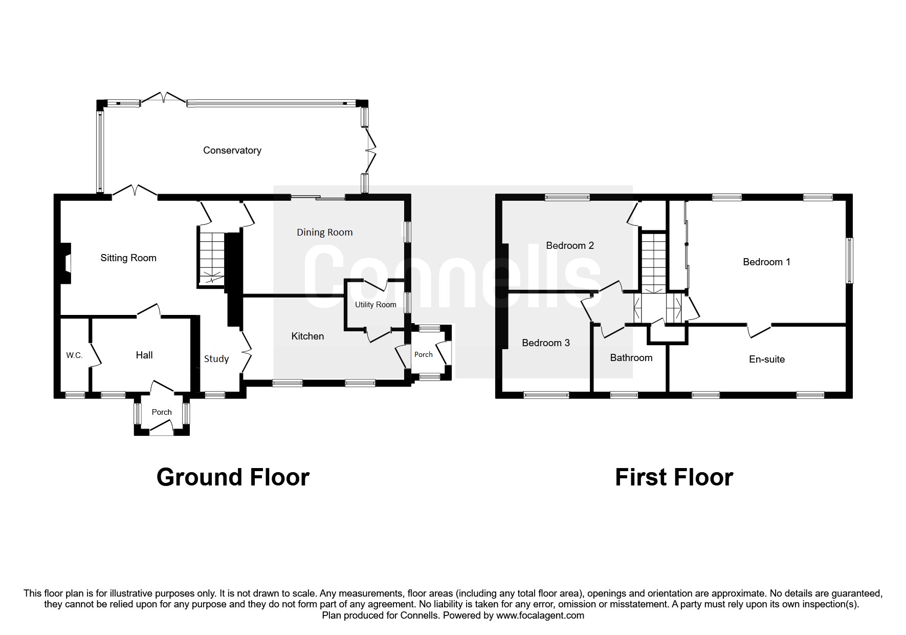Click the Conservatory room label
(x=232, y=150)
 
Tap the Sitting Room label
(x=128, y=258)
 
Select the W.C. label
(x=74, y=355)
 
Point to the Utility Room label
(x=375, y=304)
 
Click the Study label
(x=216, y=358)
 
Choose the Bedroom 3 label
(x=545, y=343)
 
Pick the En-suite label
(x=766, y=359)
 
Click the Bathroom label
(x=631, y=357)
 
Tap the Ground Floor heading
(x=233, y=477)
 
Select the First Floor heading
(x=674, y=477)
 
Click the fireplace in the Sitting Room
(x=65, y=263)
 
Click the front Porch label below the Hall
(x=162, y=412)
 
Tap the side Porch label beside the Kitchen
(x=423, y=354)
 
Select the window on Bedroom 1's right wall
(x=849, y=260)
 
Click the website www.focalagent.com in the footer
(x=540, y=616)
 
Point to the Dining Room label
(x=324, y=232)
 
